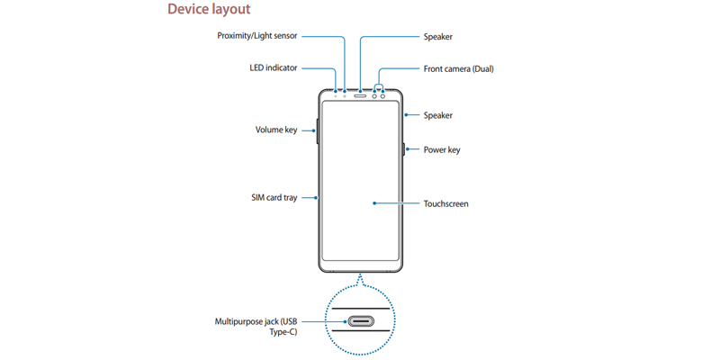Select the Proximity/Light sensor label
coord(256,37)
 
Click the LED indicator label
coord(273,68)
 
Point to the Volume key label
coord(275,130)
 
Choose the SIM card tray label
coord(273,197)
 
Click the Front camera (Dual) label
coord(458,68)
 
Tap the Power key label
coord(442,149)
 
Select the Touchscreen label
coord(445,204)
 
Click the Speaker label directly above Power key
coord(437,115)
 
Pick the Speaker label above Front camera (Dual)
coord(437,37)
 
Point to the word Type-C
coord(282,333)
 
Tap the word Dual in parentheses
coord(481,68)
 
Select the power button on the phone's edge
coord(402,149)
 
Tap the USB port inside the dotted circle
coord(360,321)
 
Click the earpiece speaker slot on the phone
coord(359,91)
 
